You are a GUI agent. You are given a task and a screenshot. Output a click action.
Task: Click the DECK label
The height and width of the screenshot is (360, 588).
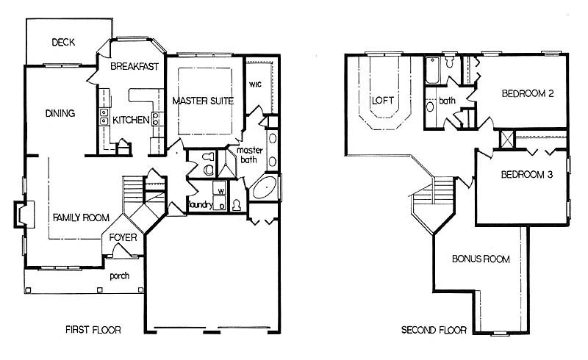63,42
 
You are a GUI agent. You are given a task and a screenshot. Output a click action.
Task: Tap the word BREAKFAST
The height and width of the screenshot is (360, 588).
135,66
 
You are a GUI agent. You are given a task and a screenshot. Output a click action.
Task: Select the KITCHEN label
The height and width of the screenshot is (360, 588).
131,120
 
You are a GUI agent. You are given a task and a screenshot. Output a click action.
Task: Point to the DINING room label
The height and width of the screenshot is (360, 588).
60,113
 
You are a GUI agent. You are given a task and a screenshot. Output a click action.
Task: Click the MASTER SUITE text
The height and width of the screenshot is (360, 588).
203,101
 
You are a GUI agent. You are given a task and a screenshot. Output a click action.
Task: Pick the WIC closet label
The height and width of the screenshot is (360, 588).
255,84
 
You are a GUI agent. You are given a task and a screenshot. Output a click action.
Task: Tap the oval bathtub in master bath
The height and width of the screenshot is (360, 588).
265,188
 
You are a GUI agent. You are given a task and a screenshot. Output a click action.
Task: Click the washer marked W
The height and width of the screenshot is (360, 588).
219,187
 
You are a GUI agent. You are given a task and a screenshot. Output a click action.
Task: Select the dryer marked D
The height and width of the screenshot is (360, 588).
220,203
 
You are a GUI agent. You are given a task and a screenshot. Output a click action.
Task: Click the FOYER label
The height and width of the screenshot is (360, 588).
123,237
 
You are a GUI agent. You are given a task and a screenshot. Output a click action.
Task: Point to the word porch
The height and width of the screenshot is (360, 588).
119,276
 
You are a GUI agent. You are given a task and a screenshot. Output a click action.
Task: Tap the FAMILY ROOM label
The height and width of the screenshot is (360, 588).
81,217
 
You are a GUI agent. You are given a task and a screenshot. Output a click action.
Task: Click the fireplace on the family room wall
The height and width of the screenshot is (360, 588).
24,214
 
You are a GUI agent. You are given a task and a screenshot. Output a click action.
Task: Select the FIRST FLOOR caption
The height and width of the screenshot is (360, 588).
93,330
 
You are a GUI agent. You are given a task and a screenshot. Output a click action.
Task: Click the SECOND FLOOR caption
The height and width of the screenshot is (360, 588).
434,330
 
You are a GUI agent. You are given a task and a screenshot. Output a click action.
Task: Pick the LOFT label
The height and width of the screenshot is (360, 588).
383,100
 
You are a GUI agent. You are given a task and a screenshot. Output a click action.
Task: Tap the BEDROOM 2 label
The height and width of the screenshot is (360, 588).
528,93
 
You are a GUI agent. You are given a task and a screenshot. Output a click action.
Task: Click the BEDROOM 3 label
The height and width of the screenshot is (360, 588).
527,174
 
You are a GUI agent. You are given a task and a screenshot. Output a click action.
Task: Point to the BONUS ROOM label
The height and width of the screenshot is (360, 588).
481,259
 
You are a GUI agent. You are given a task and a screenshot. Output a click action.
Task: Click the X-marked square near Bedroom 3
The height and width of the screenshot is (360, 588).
507,139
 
